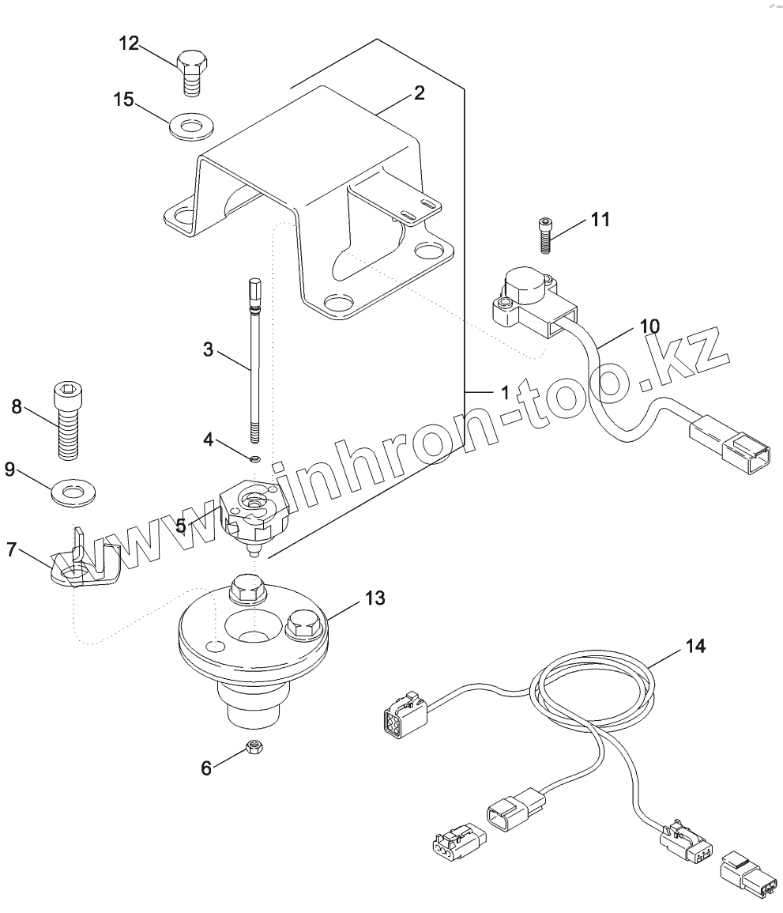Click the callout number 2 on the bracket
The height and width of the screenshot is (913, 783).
(419, 93)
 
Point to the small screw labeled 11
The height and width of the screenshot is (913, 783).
(545, 235)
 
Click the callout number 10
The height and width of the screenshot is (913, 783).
(649, 326)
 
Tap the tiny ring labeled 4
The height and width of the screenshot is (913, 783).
(254, 459)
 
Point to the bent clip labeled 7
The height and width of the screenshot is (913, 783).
(82, 565)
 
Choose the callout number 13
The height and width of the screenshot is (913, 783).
(375, 598)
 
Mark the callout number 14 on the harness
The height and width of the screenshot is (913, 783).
(695, 647)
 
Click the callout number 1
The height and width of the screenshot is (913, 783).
(503, 392)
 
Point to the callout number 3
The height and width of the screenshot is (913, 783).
(208, 349)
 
